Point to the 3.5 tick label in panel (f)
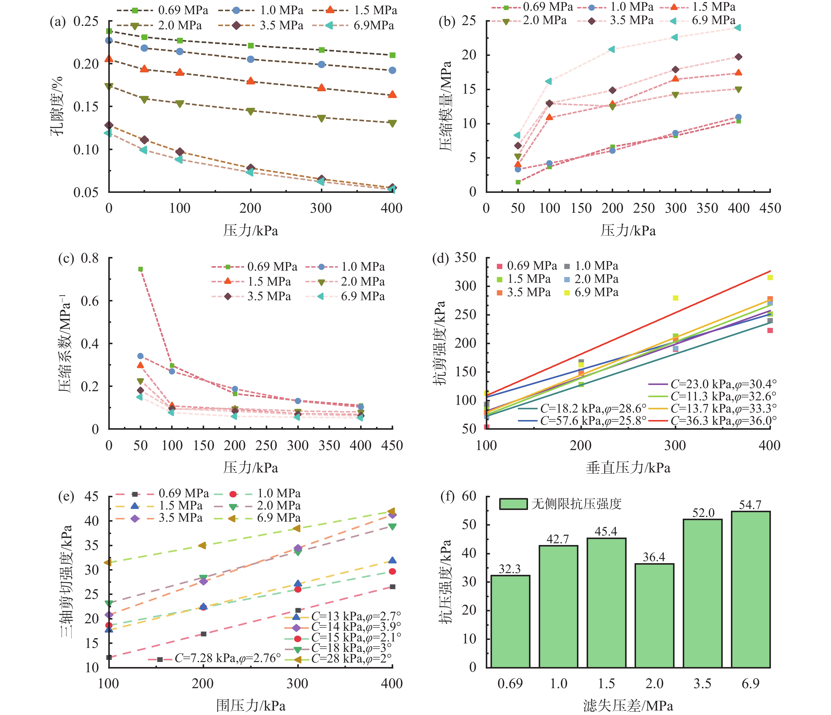coord(702,683)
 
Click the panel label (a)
coord(57,22)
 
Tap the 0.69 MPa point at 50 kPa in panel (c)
coord(140,269)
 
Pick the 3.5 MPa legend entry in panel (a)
coord(261,26)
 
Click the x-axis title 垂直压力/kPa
coord(628,468)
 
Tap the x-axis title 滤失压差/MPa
coord(628,706)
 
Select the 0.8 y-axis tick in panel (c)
coord(90,258)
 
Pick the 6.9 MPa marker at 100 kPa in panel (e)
coord(108,562)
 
